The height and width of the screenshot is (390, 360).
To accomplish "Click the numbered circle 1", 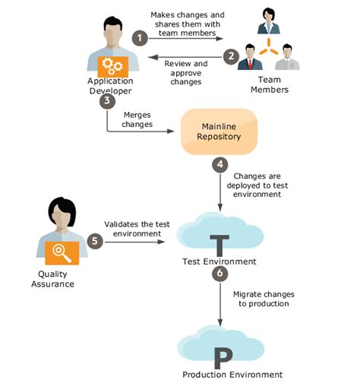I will (x=139, y=37).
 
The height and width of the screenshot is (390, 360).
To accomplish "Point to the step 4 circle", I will (x=219, y=163).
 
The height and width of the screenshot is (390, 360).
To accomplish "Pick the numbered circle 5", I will (x=95, y=240).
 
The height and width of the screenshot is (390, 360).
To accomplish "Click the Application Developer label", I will (x=110, y=86).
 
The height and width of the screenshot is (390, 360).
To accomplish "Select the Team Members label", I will (x=270, y=84).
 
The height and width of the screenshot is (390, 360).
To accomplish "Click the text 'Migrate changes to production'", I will (x=264, y=298).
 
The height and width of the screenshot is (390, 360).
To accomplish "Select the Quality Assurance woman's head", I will (x=59, y=211).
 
